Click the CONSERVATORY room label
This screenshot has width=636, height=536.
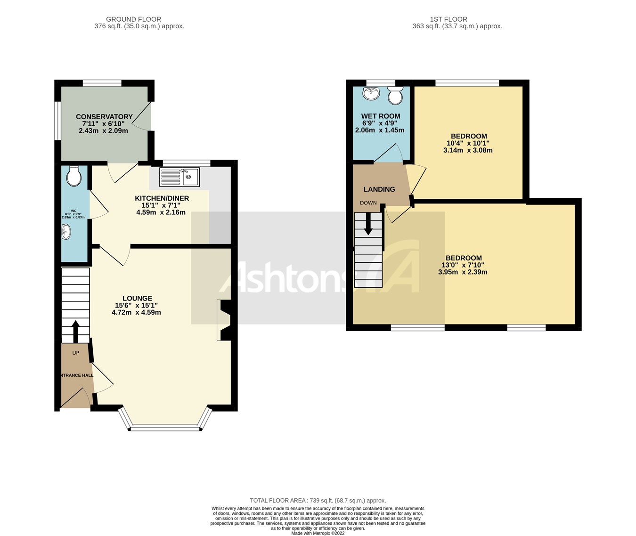click(104, 117)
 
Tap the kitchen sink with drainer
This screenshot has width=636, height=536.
click(180, 177)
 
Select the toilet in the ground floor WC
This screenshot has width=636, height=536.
click(74, 176)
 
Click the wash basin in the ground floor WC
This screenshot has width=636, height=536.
click(66, 231)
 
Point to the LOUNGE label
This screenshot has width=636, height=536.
click(137, 298)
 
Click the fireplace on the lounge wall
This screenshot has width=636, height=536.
click(223, 320)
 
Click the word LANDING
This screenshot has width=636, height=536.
click(379, 189)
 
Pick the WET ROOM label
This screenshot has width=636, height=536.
click(381, 116)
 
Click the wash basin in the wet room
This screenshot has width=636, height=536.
click(372, 93)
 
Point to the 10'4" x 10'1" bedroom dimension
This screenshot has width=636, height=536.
click(468, 143)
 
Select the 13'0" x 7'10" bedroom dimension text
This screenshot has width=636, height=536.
click(463, 265)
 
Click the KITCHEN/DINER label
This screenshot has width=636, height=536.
click(162, 198)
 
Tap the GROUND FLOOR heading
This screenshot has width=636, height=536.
click(133, 19)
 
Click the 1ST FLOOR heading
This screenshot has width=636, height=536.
click(448, 19)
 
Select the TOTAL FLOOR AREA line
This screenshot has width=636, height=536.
click(318, 501)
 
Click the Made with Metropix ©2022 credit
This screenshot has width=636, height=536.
click(318, 533)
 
